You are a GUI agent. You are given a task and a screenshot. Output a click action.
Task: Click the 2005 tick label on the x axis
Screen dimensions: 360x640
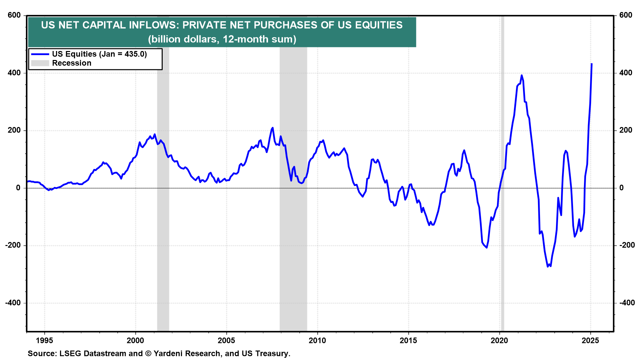[x=226, y=340]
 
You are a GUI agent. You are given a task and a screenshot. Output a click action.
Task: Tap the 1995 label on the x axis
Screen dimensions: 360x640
[x=44, y=340]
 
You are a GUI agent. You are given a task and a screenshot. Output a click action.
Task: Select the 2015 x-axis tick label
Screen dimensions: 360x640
[x=408, y=340]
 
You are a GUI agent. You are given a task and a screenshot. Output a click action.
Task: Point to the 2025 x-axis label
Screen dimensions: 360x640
[x=590, y=340]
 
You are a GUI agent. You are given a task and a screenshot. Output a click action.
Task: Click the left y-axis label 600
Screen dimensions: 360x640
[x=14, y=15]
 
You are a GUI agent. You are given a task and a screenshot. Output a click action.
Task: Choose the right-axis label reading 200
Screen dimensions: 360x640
[x=626, y=130]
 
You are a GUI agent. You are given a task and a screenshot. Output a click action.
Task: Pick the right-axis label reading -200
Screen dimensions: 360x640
[x=627, y=245]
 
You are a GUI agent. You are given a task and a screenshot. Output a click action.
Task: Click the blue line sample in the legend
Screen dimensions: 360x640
[x=40, y=54]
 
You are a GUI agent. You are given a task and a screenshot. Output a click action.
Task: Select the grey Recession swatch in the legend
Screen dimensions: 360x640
[x=40, y=63]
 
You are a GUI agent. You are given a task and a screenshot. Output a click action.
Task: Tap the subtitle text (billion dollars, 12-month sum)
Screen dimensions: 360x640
[x=222, y=39]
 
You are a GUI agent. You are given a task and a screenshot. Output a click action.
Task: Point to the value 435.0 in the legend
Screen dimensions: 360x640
[x=134, y=54]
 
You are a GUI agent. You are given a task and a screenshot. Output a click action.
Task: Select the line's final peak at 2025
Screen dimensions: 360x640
[x=591, y=64]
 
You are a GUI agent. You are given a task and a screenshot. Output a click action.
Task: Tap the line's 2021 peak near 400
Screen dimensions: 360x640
[x=522, y=75]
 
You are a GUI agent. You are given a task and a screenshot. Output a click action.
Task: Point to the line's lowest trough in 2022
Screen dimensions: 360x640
[x=548, y=266]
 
